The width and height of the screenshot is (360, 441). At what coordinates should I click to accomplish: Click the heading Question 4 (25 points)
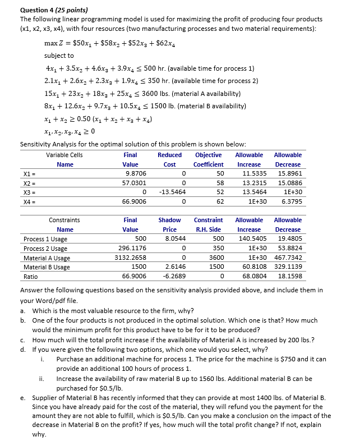click(54, 10)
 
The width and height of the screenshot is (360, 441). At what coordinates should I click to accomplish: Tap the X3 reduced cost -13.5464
click(169, 192)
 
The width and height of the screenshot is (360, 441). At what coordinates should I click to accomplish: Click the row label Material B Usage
click(47, 267)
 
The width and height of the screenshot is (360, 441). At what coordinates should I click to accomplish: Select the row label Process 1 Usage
click(45, 240)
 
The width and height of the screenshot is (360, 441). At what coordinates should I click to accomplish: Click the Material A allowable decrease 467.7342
click(288, 258)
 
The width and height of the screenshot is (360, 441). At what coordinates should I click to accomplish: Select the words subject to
click(59, 56)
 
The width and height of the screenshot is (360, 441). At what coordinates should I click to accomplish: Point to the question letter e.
click(22, 397)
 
